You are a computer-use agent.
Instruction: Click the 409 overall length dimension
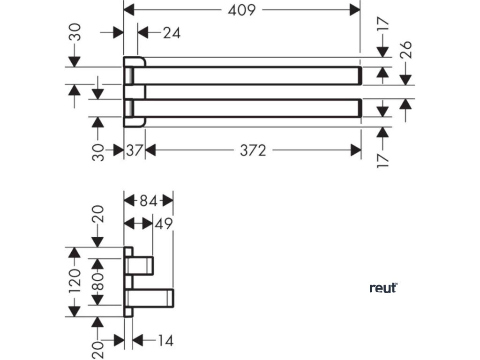click(x=242, y=10)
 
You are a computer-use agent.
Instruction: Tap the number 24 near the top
click(x=172, y=33)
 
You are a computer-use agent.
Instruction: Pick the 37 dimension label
click(x=135, y=150)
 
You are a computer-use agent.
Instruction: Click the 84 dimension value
click(x=148, y=201)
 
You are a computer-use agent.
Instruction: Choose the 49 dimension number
click(x=164, y=224)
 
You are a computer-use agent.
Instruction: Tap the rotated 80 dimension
click(x=99, y=282)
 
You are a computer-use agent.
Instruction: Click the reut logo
click(x=383, y=288)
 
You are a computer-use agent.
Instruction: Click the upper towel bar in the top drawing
click(x=253, y=76)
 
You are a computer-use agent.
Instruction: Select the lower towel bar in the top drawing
click(x=253, y=108)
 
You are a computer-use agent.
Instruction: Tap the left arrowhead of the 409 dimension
click(x=128, y=10)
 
